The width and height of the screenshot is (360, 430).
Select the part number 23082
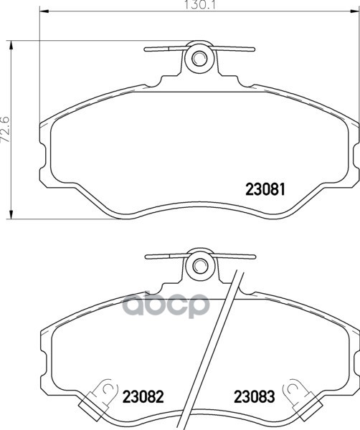coord(143,396)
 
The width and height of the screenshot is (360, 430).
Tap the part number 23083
coord(255,396)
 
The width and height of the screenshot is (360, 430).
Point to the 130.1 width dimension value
coord(200,5)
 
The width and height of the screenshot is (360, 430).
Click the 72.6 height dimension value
coord(6,130)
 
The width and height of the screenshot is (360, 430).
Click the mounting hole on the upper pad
coord(199,58)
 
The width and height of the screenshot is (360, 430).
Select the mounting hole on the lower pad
coord(199,264)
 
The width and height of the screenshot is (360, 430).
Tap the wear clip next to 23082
coord(98,398)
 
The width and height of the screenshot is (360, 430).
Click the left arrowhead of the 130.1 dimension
coord(44,11)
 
